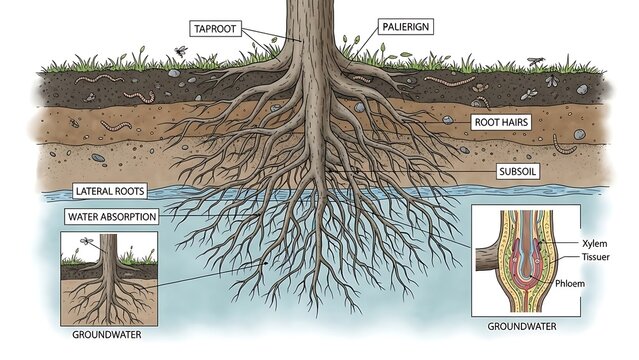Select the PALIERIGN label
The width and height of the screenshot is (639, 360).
[404, 27]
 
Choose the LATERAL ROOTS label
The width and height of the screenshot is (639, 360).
[111, 190]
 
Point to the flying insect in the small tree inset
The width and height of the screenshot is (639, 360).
[87, 241]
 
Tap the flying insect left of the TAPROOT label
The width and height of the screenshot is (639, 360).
[180, 49]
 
